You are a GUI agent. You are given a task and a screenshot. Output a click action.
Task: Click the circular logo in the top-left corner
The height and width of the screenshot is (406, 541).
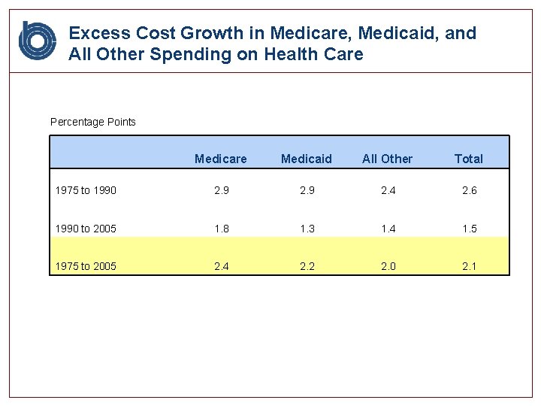pos(38,41)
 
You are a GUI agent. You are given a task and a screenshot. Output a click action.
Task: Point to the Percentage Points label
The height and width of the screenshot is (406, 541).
pos(93,122)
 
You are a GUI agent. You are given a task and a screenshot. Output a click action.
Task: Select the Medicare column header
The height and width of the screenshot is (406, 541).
pos(220,159)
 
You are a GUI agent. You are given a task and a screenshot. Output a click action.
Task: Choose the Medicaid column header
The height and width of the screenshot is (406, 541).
pos(306,159)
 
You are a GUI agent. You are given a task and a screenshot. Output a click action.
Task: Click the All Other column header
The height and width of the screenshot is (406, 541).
pos(387,159)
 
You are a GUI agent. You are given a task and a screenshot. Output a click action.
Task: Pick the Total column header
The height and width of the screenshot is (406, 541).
pos(468,159)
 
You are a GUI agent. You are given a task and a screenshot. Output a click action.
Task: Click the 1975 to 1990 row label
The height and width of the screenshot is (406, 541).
pos(86,190)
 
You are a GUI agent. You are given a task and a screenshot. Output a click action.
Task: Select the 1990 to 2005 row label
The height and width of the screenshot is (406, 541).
pos(86,229)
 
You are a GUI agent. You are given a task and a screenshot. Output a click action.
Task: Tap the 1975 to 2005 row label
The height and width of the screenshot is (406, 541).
pos(86,266)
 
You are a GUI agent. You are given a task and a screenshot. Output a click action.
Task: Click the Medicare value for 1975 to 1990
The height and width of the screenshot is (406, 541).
pos(222,190)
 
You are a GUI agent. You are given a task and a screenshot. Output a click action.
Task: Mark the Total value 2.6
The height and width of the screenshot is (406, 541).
pos(469,190)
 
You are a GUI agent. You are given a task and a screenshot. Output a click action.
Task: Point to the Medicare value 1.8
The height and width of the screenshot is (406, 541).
pos(222,229)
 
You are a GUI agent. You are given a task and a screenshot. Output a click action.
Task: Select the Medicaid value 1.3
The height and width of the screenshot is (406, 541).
pos(307,229)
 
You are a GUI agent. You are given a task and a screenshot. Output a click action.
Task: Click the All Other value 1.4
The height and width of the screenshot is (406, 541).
pos(388,229)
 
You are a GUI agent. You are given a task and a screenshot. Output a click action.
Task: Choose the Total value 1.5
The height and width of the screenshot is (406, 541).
pos(469,229)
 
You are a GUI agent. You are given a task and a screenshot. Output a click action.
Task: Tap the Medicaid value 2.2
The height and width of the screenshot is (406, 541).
pos(307,266)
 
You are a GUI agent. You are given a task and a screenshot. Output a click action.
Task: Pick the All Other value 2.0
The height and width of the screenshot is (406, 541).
pos(388,266)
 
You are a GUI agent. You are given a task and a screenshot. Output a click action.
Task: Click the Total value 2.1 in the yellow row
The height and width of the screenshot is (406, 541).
pos(469,266)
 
